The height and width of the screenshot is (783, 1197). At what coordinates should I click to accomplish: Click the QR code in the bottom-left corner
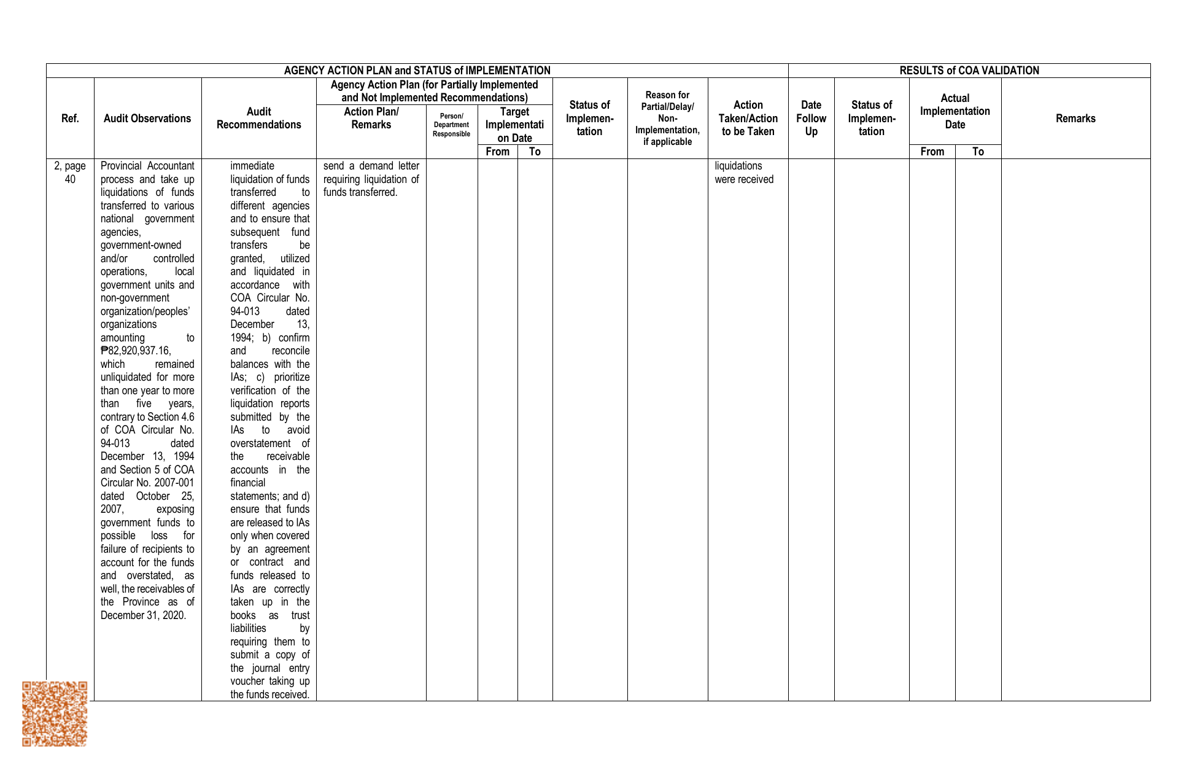pos(55,714)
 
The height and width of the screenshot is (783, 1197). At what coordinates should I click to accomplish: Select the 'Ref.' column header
pos(70,119)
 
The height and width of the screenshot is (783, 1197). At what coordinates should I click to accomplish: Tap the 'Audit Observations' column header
pos(147,119)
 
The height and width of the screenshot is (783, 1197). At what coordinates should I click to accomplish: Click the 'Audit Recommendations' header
pos(258,119)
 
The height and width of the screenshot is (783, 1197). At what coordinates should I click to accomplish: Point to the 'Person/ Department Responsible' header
pos(451,125)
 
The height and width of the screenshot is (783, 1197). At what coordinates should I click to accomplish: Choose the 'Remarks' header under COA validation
pos(1075,119)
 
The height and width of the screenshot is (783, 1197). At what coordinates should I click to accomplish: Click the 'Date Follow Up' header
pos(811,119)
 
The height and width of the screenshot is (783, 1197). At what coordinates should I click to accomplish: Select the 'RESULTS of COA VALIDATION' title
pos(969,71)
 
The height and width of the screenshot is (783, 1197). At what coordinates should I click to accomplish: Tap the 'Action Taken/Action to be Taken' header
pos(748,119)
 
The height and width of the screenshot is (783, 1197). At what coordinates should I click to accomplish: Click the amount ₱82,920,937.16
pos(136,351)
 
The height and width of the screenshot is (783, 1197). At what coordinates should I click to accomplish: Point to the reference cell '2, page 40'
pos(70,173)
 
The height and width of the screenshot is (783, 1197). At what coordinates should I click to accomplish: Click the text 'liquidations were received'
pos(744,173)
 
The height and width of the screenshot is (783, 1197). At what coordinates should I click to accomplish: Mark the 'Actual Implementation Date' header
pos(955,111)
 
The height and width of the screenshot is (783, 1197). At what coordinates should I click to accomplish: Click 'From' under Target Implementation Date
pos(497,152)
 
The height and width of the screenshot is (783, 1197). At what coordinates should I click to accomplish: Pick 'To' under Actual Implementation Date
pos(978,152)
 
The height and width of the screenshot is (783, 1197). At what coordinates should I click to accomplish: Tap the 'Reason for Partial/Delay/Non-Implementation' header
pos(667,119)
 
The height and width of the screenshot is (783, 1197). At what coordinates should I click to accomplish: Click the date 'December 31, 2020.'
pos(143,615)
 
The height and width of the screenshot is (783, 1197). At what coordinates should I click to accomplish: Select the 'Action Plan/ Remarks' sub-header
pos(371,118)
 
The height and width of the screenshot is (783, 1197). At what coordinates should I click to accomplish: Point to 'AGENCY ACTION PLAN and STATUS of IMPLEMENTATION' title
pos(417,71)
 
